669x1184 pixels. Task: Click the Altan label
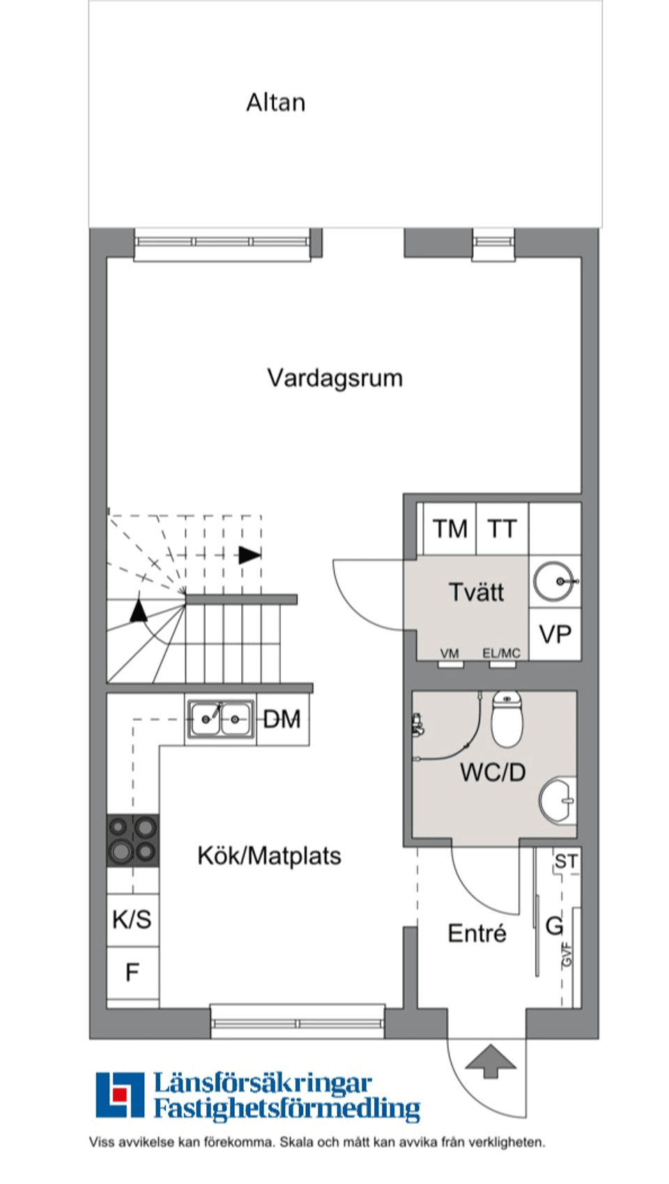(x=275, y=102)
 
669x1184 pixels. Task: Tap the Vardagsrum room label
(x=334, y=377)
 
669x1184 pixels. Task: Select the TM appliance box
(x=449, y=529)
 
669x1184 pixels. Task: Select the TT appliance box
(x=502, y=529)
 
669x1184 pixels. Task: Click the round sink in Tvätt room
(x=555, y=581)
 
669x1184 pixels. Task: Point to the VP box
(x=555, y=634)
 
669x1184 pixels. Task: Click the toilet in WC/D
(x=507, y=719)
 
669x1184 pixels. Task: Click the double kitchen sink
(x=220, y=719)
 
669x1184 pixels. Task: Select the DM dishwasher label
(x=282, y=719)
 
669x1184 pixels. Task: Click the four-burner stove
(x=132, y=840)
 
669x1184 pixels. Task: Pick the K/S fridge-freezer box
(x=132, y=919)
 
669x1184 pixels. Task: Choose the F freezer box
(x=132, y=972)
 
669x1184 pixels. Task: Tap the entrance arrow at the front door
(x=491, y=1061)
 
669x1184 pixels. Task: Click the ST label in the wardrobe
(x=565, y=862)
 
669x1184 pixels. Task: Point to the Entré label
(x=477, y=933)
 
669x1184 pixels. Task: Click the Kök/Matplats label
(x=269, y=855)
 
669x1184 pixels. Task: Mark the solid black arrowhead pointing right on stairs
(x=249, y=555)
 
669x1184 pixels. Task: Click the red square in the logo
(x=120, y=1093)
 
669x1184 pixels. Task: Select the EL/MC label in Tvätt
(x=501, y=653)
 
